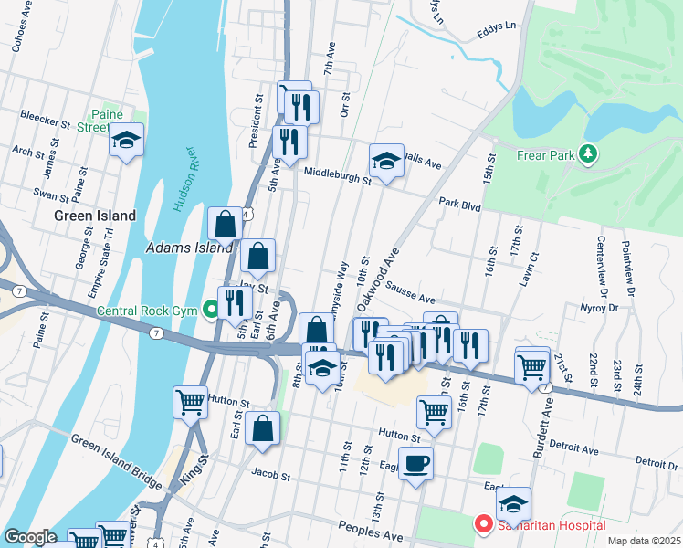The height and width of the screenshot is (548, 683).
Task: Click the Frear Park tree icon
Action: [589, 154]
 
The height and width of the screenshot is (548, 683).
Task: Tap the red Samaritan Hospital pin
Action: [482, 524]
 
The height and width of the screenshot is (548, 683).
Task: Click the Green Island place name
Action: [95, 216]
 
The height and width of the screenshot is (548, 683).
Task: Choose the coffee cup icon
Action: [415, 463]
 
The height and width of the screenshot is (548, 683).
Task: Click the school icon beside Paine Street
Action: [126, 140]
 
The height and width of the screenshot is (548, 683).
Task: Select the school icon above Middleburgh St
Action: [386, 161]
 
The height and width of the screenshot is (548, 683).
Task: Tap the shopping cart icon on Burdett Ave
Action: [531, 366]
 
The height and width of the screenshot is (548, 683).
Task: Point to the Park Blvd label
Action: [458, 205]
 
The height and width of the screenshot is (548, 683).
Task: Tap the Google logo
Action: [30, 537]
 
